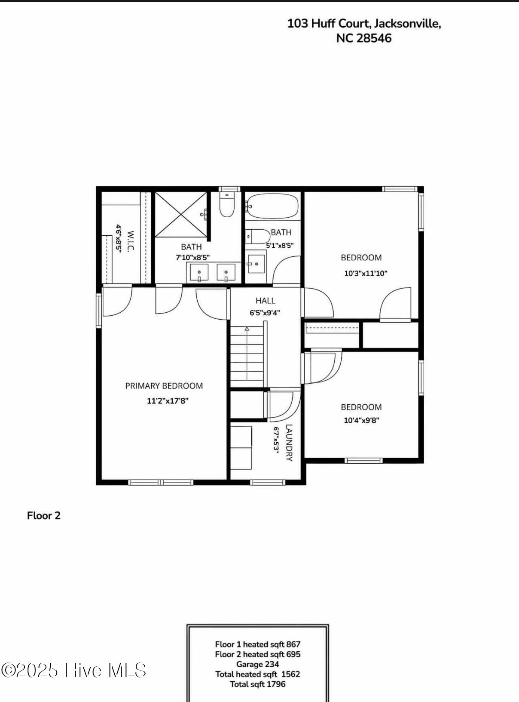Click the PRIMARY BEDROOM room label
pos(164,386)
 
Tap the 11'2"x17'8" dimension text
pos(168,401)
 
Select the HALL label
pos(266,300)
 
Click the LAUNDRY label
pos(289,443)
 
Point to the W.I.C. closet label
pos(130,241)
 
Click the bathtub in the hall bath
pos(272,206)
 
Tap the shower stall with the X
pos(181,214)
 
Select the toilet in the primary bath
pos(226,204)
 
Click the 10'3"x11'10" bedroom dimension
pos(366,273)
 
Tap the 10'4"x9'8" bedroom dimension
pos(361,420)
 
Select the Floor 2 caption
pos(44,516)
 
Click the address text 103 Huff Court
pos(328,23)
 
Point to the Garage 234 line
pos(257,664)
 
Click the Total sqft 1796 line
pos(257,684)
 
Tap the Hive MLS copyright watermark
pos(74,670)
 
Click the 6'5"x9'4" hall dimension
pos(265,313)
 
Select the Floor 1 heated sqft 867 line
pos(257,644)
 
